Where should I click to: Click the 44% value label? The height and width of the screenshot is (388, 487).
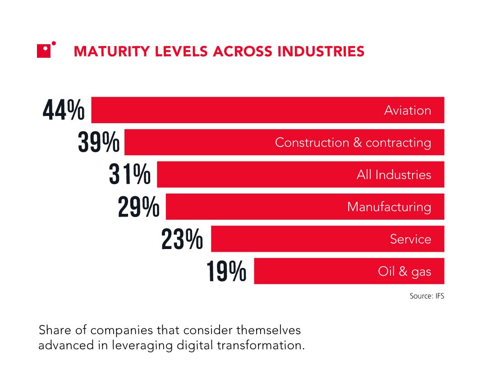(64, 111)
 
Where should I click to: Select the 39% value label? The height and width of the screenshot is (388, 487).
(98, 143)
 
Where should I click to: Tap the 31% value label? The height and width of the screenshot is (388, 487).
(130, 175)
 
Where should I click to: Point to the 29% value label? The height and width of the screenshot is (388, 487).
(139, 207)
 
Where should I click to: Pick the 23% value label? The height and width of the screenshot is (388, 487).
(182, 239)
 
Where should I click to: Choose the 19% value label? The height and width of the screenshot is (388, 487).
(226, 271)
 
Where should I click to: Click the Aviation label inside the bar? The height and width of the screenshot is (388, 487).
(408, 111)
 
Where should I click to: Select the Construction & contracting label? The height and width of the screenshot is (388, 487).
(353, 143)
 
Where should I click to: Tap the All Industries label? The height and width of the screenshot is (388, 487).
(394, 175)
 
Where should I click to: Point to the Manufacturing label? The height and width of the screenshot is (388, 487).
(389, 207)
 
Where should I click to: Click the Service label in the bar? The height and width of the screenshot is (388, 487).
(410, 239)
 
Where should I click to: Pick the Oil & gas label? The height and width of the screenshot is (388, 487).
(404, 272)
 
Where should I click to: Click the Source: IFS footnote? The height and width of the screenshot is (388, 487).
(427, 296)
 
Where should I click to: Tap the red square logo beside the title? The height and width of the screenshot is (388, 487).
(45, 51)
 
